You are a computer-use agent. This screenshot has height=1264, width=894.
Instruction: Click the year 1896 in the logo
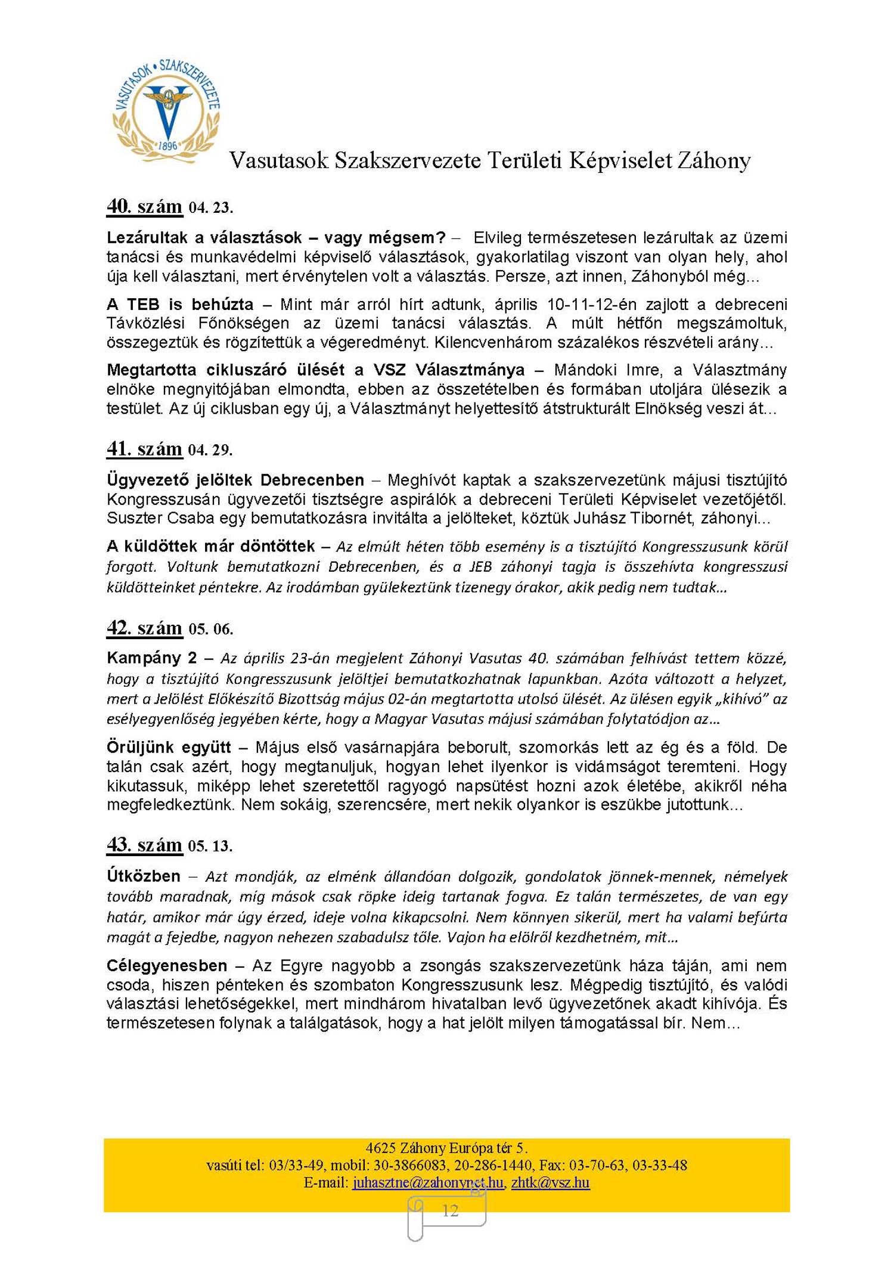pos(168,145)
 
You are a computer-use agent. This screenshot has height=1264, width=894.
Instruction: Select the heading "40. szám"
pos(144,206)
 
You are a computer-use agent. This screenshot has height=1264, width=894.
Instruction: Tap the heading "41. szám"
pos(144,448)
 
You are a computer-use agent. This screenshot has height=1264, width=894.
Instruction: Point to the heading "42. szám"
pos(144,628)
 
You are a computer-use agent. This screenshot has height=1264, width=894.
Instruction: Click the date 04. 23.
pos(210,208)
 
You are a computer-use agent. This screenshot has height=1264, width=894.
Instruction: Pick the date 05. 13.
pos(210,846)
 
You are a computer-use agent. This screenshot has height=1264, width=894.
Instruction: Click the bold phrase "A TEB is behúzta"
pos(180,305)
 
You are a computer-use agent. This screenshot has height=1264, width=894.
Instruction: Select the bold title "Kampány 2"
pos(151,658)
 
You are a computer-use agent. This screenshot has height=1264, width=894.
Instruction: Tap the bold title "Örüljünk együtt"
pos(169,747)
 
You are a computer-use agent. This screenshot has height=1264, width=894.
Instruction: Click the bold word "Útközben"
pos(144,876)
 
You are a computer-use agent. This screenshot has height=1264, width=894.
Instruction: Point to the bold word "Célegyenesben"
pos(167,965)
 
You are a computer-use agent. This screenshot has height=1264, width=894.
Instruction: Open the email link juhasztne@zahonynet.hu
pos(427,1182)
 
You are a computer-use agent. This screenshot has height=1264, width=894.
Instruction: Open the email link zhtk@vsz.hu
pos(550,1182)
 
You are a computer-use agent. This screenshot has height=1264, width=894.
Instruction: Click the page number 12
pos(450,1211)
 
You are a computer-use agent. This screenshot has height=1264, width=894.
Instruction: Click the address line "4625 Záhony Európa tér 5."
pos(446,1148)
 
